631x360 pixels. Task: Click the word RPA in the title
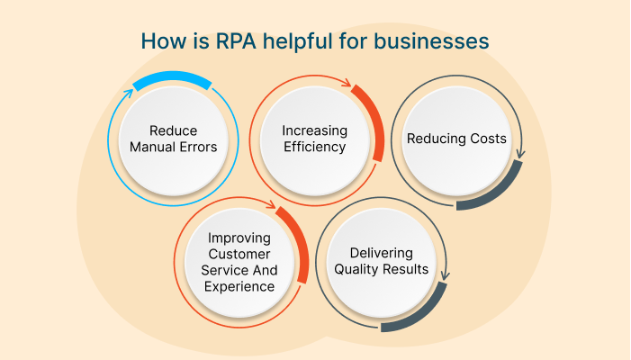236,41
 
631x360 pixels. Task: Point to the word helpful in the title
298,41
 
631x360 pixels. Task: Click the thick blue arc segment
172,78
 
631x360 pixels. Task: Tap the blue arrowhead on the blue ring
128,94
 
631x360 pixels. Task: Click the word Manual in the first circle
152,148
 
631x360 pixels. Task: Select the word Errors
198,148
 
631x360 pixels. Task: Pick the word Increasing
315,131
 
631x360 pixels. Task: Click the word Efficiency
315,147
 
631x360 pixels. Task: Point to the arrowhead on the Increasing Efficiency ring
346,82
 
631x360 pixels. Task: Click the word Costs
489,139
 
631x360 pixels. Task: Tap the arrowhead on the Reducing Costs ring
521,154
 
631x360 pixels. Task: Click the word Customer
239,255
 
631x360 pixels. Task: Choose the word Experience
239,287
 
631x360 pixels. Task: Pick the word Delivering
382,254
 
